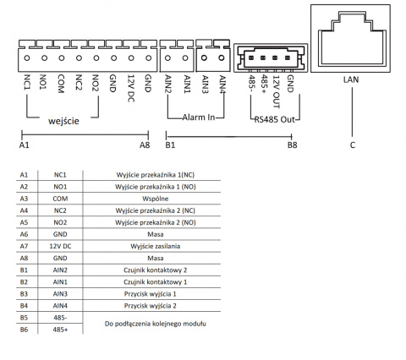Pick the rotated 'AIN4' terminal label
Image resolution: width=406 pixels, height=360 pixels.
coord(222,86)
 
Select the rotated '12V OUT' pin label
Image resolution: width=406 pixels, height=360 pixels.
coord(275,90)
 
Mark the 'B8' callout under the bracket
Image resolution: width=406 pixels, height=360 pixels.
coord(292,145)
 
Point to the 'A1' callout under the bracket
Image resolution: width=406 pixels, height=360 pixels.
coord(24,145)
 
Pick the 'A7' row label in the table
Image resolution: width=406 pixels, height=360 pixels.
coord(24,245)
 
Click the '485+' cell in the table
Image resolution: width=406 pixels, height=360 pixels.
coord(60,330)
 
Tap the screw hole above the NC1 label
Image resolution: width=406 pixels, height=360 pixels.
coord(27,58)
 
